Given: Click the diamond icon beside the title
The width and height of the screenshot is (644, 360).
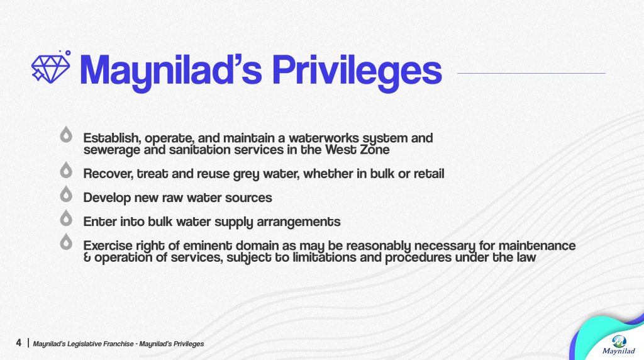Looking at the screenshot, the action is (x=51, y=67).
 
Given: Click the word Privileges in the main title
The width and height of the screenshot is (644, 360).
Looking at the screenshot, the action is (x=357, y=72).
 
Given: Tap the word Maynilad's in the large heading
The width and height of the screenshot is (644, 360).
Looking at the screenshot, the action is (x=171, y=72).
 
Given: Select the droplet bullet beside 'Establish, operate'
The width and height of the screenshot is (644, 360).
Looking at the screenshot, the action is (x=65, y=135).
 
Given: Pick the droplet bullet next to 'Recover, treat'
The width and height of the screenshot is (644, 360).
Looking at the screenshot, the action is (x=65, y=170).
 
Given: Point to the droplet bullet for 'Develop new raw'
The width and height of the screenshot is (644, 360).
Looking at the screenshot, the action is (x=65, y=194).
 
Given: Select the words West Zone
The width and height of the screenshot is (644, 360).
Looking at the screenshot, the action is (x=357, y=150).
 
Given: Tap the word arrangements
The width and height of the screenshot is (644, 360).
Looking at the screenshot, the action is (x=299, y=222).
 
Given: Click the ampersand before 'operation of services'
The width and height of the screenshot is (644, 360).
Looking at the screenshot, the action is (x=87, y=257).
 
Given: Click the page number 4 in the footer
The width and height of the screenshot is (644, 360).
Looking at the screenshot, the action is (x=18, y=343).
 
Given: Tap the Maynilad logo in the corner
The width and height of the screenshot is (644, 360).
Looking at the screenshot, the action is (x=619, y=345).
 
